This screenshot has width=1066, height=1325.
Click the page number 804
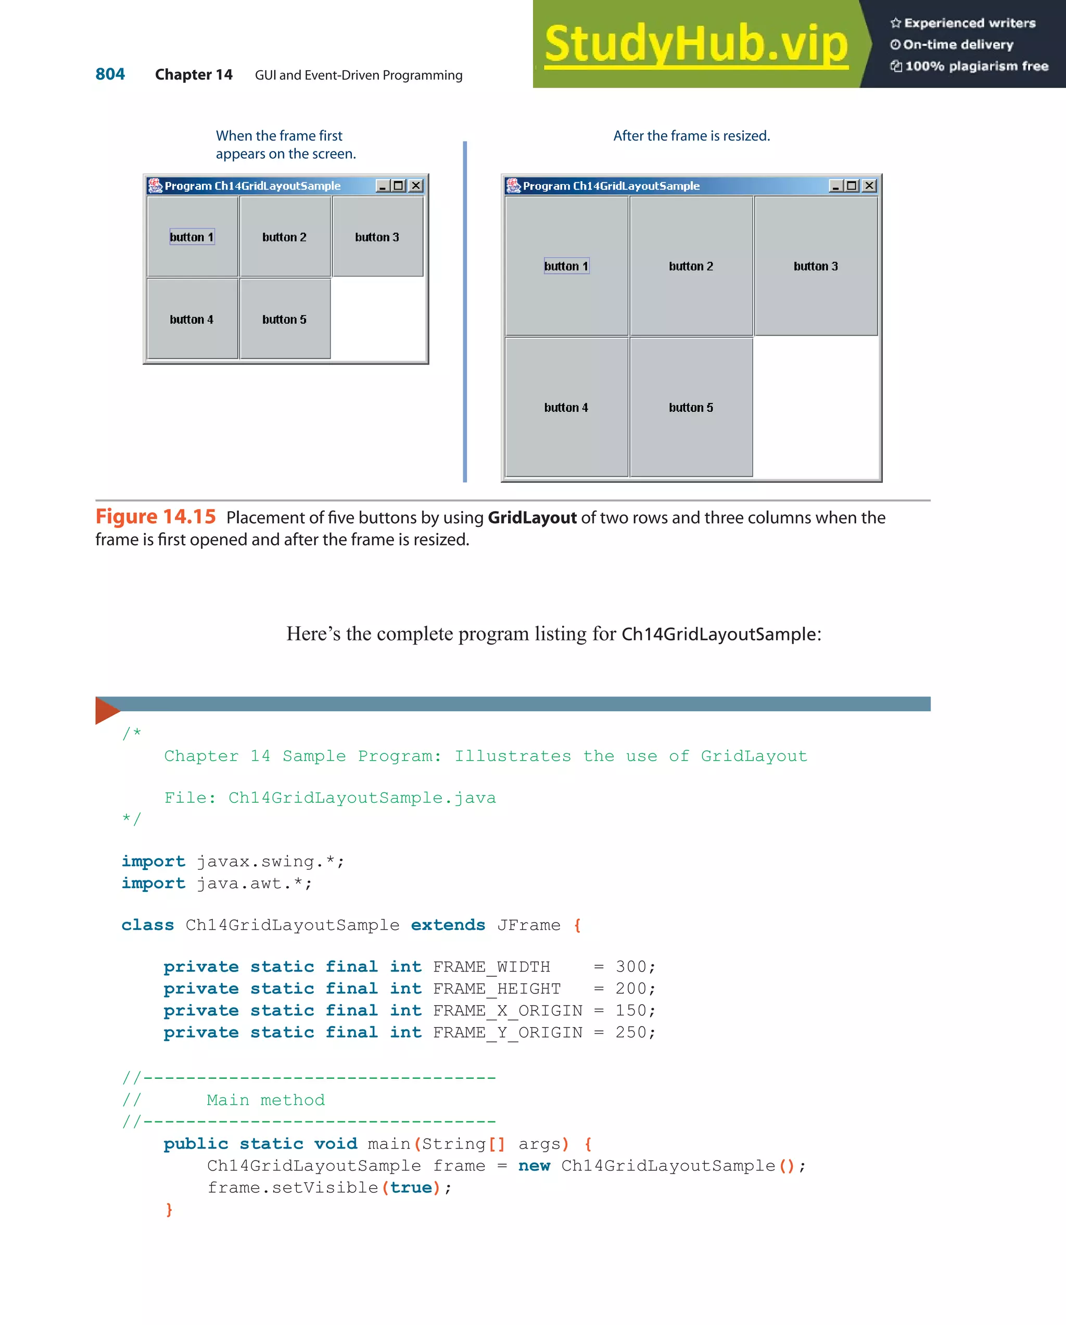click(x=110, y=74)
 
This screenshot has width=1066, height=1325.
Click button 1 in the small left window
click(x=192, y=236)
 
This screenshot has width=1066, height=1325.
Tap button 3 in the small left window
click(x=377, y=236)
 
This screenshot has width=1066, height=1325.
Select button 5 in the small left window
click(x=285, y=319)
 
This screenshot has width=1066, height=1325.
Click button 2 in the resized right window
click(x=691, y=266)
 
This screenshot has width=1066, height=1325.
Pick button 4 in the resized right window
click(x=566, y=408)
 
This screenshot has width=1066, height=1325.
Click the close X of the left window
click(x=416, y=185)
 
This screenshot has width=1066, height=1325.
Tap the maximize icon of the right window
click(x=852, y=185)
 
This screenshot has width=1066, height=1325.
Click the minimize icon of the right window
click(x=835, y=185)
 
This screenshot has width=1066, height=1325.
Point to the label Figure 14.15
click(x=156, y=517)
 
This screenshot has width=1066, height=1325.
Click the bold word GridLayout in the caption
click(x=532, y=518)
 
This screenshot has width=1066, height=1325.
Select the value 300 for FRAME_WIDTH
click(x=631, y=967)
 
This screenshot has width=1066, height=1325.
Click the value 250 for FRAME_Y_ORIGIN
click(x=631, y=1032)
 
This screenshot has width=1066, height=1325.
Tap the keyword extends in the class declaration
click(x=448, y=925)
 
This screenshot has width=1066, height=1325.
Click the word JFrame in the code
click(x=528, y=925)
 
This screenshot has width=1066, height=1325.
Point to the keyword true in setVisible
click(x=411, y=1188)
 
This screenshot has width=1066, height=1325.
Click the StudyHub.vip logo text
click(x=696, y=43)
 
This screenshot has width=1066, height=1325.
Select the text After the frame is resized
click(x=691, y=136)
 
